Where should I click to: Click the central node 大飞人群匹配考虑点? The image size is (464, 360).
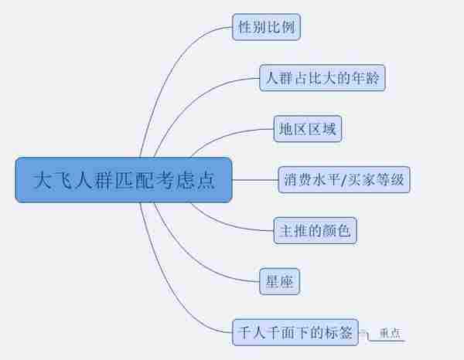point(124,181)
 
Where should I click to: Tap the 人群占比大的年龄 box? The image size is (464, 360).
point(322,78)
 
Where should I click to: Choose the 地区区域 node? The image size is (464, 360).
point(308,129)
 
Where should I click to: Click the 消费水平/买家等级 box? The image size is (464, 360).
point(343,181)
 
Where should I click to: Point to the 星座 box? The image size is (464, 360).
point(278,281)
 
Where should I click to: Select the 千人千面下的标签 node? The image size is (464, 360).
point(295,333)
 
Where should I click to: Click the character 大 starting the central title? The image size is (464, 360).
point(43,181)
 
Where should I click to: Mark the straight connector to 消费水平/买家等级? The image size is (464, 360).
point(255,181)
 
